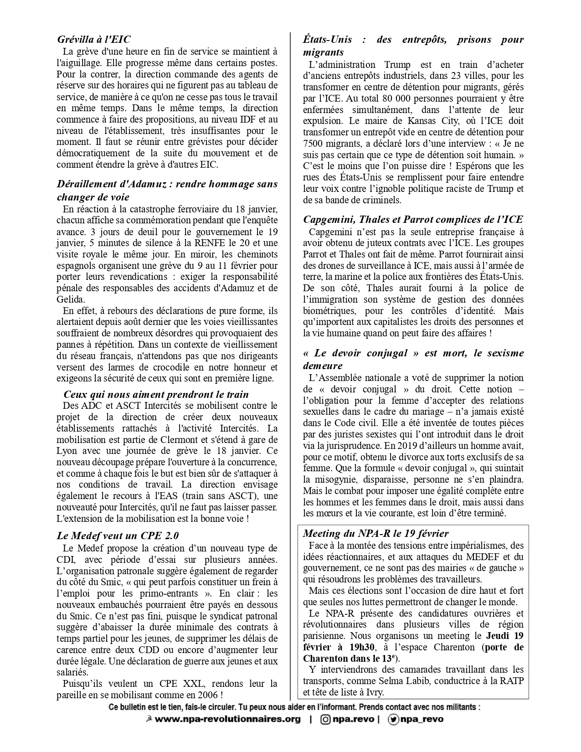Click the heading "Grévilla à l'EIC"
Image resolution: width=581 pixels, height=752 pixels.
coord(94,39)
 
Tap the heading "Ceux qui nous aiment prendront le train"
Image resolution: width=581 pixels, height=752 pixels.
coord(156,394)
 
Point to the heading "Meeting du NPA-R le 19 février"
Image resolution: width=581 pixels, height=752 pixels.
coord(376,533)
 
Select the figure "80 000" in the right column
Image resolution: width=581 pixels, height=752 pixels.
coord(395,98)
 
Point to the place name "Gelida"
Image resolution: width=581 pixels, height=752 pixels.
coord(71,299)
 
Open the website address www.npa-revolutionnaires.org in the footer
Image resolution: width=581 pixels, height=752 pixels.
coord(228,719)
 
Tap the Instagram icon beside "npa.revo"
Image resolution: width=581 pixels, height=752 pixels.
coord(326,719)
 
